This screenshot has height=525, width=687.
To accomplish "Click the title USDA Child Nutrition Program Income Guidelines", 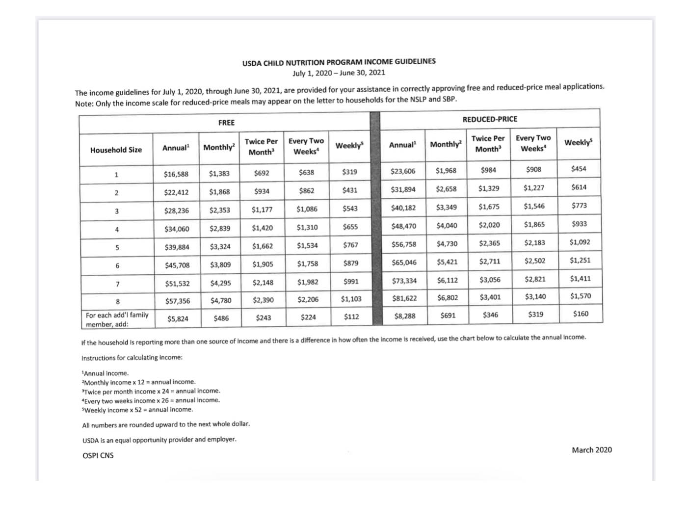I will coord(339,62).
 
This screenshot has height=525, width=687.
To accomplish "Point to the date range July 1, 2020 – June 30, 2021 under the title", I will coord(339,73).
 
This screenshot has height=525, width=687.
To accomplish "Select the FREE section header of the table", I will coord(226,123).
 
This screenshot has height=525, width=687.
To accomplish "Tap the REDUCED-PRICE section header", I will coord(490,119).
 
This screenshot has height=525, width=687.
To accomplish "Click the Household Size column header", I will coord(116,150).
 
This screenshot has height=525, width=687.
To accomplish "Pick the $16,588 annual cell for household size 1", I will coord(176,174).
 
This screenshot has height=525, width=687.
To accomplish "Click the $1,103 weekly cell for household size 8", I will coord(351,299).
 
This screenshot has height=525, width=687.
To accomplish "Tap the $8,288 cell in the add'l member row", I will coord(404,316).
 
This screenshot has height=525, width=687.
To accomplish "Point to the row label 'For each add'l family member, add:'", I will coord(117,319).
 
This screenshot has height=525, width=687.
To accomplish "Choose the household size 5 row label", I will coord(117,248).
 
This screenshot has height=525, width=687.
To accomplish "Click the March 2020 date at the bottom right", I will coord(591,450).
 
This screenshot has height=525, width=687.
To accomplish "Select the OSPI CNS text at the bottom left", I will coord(98,456).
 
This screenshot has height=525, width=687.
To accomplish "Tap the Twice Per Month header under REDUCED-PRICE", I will coord(488,144).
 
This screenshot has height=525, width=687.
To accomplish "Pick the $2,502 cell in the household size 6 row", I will coord(534,261).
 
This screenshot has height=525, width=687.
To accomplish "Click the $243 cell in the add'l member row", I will coord(264,318).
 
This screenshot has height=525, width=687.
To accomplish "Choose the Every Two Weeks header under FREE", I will coord(306,146).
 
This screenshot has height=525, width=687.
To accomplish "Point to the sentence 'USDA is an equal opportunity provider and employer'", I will coord(159,440).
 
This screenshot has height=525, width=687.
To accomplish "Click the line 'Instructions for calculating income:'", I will coord(132,358).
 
